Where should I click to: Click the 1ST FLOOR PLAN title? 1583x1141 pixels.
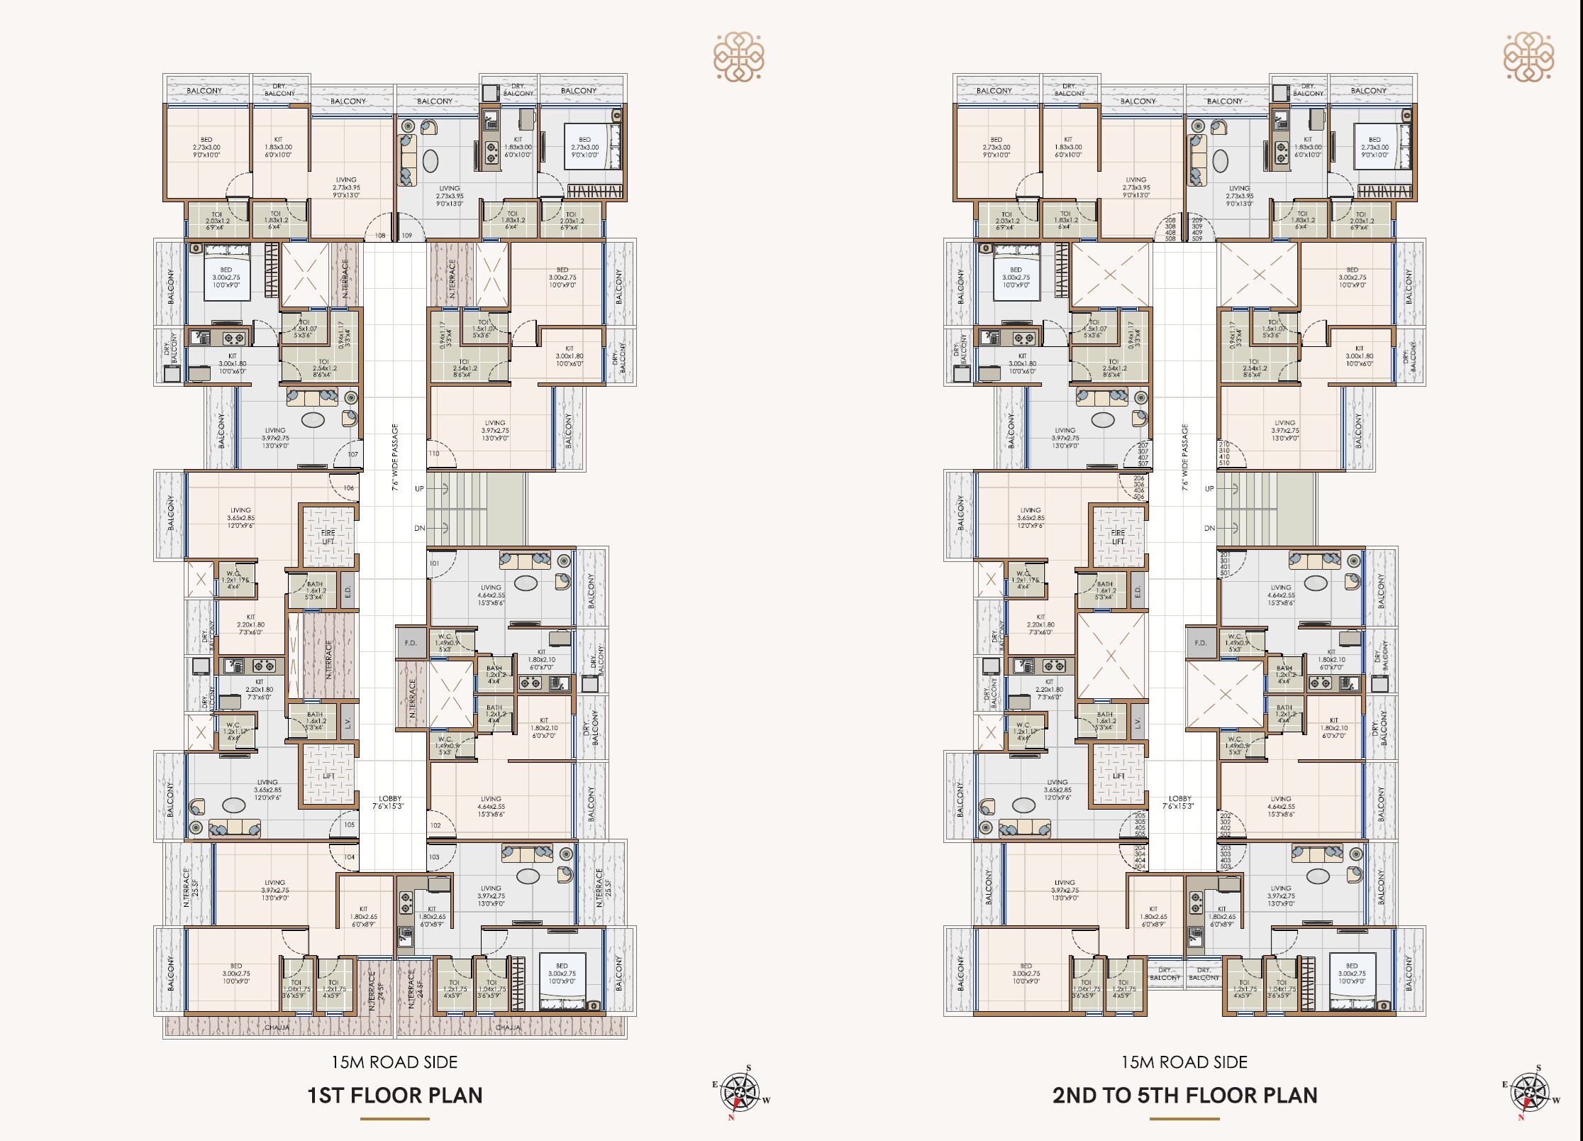pos(394,1095)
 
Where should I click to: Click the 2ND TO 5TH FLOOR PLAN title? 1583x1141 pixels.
pos(1184,1095)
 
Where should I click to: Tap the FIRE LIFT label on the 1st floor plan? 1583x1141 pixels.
pos(328,536)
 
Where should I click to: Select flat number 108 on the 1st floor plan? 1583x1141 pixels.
pos(380,236)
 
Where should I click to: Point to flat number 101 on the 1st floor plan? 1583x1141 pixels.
pos(434,563)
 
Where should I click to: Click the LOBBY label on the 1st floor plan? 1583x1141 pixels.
pos(390,802)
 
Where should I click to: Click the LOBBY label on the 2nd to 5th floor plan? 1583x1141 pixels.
pos(1180,802)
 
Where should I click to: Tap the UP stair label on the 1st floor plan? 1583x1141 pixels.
pos(419,488)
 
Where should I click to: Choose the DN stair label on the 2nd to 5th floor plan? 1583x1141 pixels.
pos(1209,528)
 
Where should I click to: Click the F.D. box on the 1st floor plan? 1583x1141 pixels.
pos(411,643)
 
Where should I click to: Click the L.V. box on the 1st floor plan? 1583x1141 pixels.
pos(348,722)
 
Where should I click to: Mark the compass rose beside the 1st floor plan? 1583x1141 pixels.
pos(740,1091)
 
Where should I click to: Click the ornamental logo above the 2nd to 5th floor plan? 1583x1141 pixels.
pos(1528,56)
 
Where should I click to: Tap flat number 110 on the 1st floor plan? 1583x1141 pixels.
pos(434,453)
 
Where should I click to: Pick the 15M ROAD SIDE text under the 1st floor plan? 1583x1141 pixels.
pos(394,1062)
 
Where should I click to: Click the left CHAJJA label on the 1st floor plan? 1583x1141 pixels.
pos(277,1027)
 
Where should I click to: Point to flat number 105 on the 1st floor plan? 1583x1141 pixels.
pos(350,825)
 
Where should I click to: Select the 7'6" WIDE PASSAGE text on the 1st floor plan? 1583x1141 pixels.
pos(395,457)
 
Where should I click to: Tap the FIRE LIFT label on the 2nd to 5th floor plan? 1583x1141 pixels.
pos(1118,536)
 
